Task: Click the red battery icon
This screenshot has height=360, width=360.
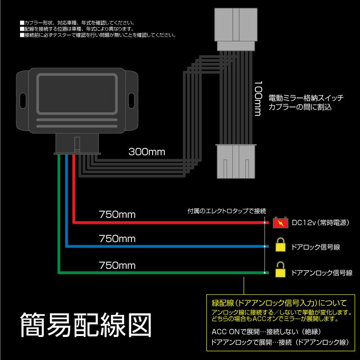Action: point(280,222)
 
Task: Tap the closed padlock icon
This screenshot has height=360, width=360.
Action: point(280,244)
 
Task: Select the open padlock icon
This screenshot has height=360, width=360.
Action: point(280,270)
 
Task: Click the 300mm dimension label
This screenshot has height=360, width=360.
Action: point(147,152)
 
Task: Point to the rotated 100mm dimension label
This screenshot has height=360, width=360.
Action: point(258,98)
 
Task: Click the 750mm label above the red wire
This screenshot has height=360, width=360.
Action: point(117,215)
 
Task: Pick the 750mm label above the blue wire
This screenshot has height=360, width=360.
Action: point(117,239)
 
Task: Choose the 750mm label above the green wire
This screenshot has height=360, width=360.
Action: point(117,265)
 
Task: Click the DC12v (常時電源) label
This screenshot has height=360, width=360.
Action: point(320,222)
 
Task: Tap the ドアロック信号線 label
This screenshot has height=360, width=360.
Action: point(316,247)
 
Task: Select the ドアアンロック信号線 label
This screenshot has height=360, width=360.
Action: point(322,273)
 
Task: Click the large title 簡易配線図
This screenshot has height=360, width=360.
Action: point(86,325)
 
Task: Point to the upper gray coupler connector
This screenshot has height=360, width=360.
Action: point(236,29)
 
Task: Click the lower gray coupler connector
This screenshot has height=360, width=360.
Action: point(236,161)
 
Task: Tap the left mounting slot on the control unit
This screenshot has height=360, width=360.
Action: point(23,100)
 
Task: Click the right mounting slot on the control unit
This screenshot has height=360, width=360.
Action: point(132,100)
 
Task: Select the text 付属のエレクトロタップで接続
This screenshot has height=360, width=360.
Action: point(227,211)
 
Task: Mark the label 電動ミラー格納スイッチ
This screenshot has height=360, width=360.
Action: point(306,98)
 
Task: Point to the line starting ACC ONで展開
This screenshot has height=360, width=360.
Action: point(266,332)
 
